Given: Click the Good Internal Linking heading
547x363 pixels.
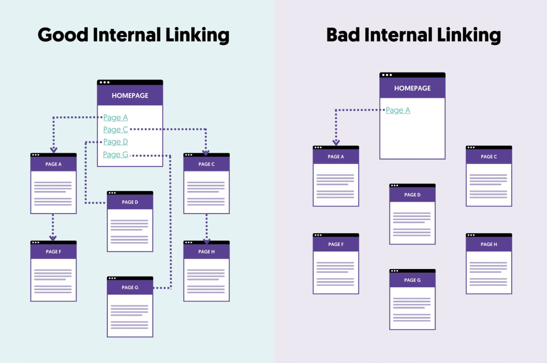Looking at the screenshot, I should coord(134,35).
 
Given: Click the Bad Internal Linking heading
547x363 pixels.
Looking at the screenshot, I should coord(413,35).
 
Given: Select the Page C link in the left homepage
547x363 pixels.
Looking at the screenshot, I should coord(115,129).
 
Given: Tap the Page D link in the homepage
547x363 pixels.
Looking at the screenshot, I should coord(115,141).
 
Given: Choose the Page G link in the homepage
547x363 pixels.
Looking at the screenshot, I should coord(115,154).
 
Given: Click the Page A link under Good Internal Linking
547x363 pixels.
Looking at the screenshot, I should coord(115,117).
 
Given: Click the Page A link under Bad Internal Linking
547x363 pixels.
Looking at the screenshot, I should coord(398,111).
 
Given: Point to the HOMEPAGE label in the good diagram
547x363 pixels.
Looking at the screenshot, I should coord(130,96).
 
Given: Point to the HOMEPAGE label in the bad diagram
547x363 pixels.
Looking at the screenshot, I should coord(412,88).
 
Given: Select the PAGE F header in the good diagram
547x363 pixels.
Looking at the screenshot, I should coord(53,252).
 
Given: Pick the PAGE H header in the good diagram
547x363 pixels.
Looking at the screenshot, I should coord(206,252).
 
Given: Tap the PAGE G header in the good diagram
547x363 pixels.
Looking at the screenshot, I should coord(130,288).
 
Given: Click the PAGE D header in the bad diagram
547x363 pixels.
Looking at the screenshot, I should coord(412,195).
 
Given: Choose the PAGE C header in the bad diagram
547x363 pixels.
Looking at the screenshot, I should coord(488,157).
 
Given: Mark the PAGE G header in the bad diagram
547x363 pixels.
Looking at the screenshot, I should coord(412,280).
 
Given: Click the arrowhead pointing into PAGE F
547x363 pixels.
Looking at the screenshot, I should coord(53,238).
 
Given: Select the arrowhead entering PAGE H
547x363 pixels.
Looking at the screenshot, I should coord(206,241).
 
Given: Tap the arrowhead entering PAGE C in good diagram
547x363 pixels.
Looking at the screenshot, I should coord(206,151).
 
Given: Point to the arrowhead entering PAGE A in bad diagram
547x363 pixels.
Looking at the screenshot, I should coord(336,143).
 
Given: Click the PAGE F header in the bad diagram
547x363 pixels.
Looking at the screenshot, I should coord(335,244).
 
